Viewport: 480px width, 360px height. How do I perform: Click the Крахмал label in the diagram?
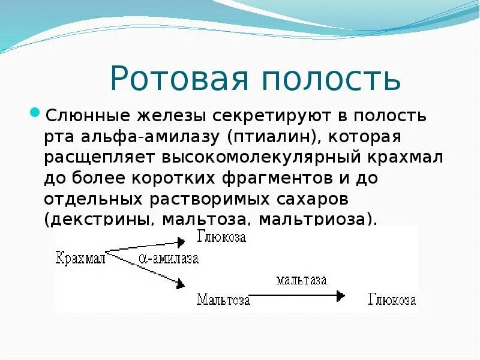click(x=80, y=259)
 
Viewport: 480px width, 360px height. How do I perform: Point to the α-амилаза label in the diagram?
click(x=169, y=259)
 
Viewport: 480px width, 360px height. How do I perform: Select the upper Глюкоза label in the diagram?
click(x=221, y=236)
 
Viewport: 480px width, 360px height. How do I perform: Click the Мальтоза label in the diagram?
click(x=223, y=299)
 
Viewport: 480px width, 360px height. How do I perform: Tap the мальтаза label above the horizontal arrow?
click(x=301, y=280)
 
